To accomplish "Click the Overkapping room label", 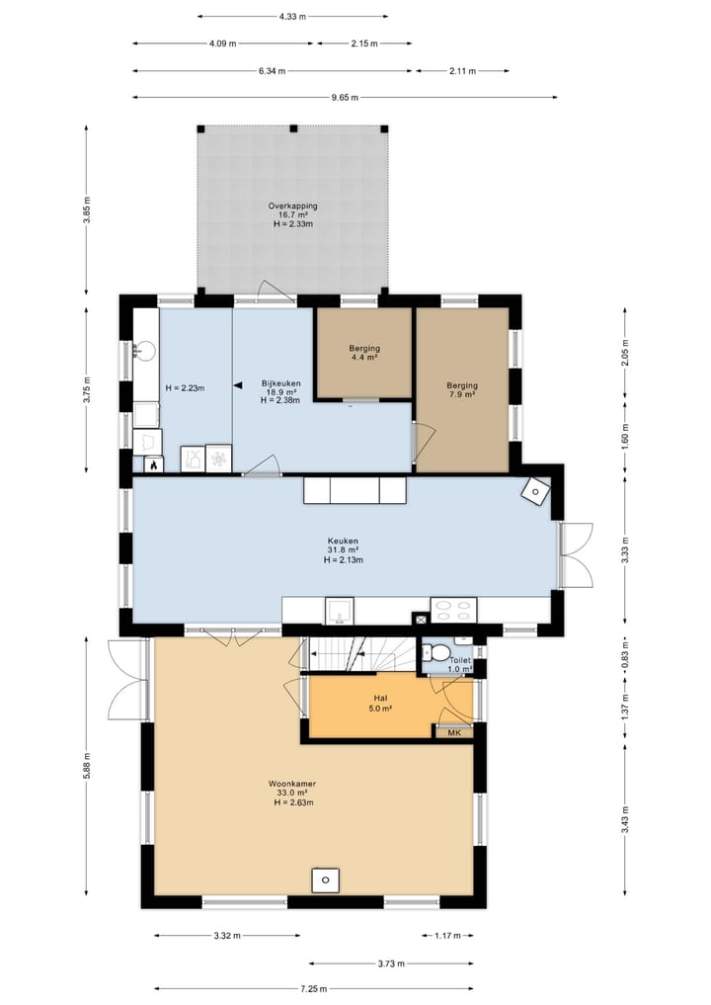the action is (x=292, y=206).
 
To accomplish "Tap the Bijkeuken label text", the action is (x=280, y=383).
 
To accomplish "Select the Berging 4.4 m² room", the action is (x=364, y=353).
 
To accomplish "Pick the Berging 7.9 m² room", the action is (x=462, y=389).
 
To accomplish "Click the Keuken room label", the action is (x=344, y=541).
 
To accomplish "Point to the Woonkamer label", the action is (x=292, y=784).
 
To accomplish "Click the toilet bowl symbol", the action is (x=438, y=653).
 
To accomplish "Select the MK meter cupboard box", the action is (x=454, y=732).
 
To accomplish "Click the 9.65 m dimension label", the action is (x=345, y=98).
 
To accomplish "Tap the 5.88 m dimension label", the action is (x=87, y=765).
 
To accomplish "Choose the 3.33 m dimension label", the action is (x=625, y=549).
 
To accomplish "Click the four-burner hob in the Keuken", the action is (x=453, y=610).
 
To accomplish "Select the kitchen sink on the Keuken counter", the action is (x=340, y=611).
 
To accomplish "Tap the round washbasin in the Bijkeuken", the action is (x=143, y=350).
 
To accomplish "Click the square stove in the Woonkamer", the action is (x=326, y=880).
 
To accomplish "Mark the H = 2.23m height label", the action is (x=185, y=387).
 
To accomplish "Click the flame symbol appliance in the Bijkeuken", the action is (x=154, y=464).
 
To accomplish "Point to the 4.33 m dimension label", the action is (x=291, y=17).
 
